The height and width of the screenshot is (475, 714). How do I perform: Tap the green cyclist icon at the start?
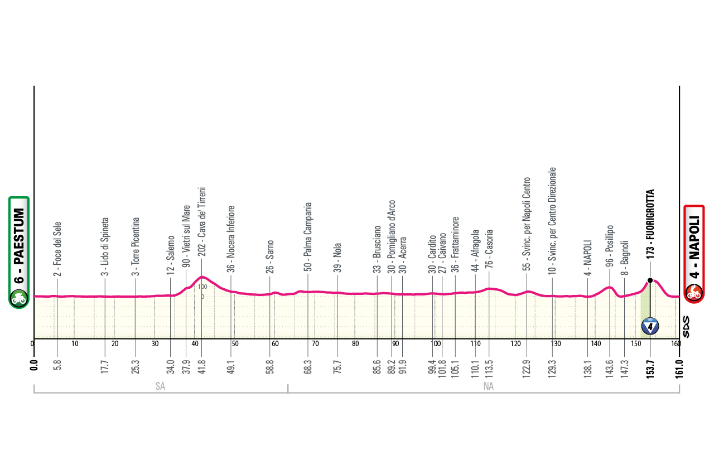click(x=18, y=298)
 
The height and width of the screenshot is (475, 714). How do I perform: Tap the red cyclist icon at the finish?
click(x=694, y=292)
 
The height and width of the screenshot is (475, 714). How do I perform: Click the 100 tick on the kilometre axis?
click(x=436, y=343)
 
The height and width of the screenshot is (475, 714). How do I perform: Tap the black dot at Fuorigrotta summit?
click(x=650, y=280)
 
